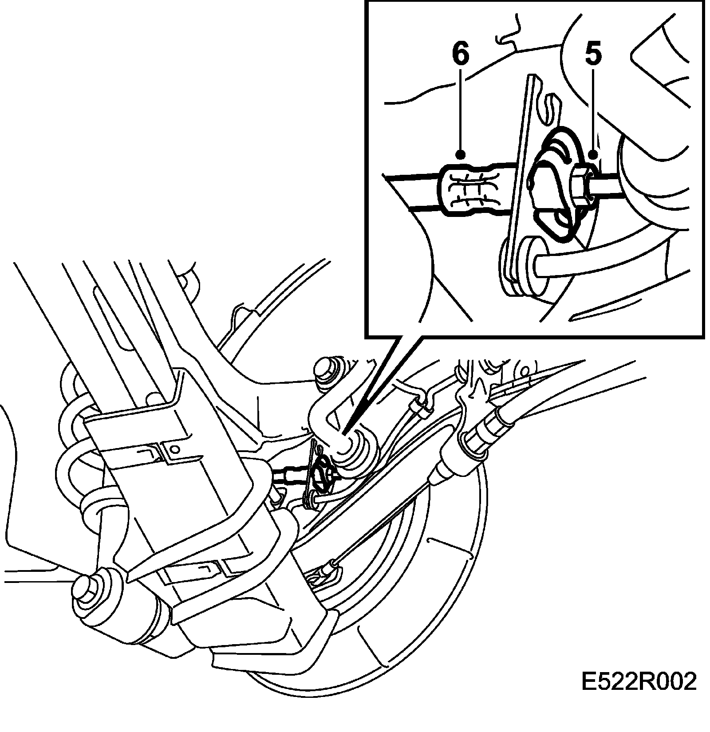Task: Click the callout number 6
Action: (x=460, y=55)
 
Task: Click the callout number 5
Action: (x=593, y=55)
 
